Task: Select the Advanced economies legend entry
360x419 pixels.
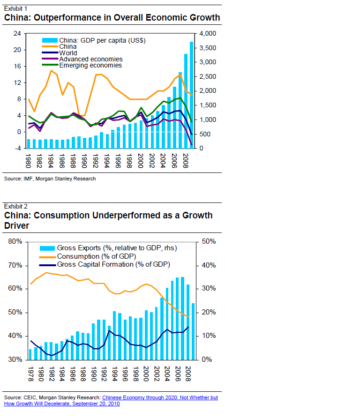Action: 90,59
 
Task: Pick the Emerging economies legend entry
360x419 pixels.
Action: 90,65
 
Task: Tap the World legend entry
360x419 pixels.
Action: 68,53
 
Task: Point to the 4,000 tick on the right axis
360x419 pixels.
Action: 207,34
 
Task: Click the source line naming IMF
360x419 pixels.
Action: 50,179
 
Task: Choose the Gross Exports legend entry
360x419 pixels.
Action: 116,248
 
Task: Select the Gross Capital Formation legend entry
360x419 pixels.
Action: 113,264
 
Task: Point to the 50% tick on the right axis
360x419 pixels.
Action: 208,241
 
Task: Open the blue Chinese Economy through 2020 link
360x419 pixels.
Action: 160,397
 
